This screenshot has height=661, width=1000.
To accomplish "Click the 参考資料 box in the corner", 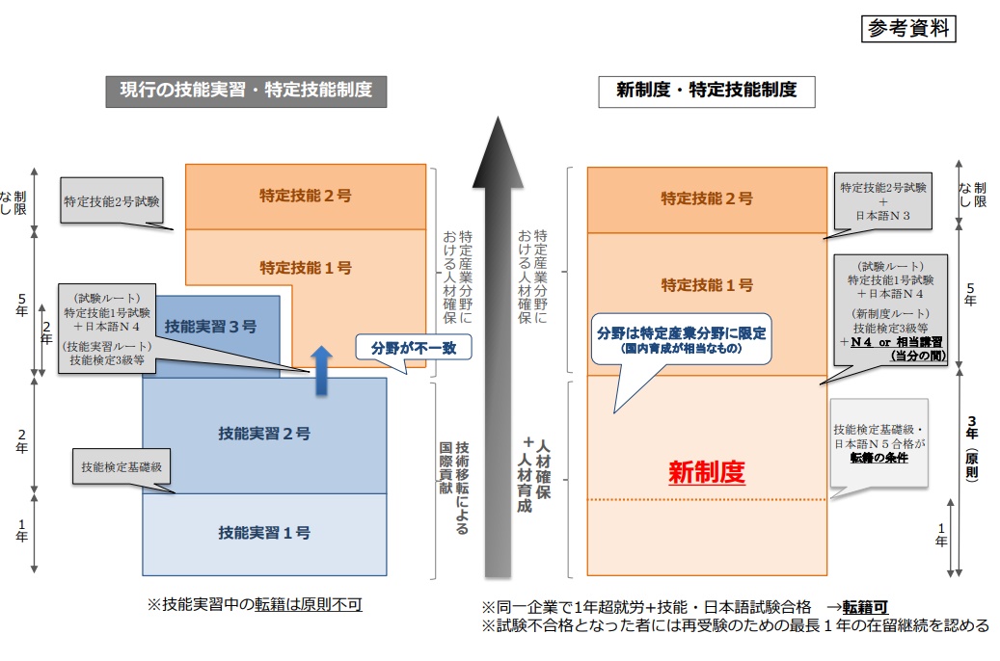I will point(906,29).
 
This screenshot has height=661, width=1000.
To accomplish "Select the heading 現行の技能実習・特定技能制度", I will point(246,91).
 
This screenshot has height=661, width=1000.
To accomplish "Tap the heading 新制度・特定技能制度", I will point(706,91).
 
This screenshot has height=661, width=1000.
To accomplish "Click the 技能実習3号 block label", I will point(210,327).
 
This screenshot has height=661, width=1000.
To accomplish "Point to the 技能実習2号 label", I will point(264,434).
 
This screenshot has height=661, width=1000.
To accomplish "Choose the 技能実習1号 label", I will point(264,532).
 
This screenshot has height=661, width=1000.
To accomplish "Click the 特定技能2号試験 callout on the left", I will point(112,201).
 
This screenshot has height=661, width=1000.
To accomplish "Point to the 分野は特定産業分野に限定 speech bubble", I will point(681,339).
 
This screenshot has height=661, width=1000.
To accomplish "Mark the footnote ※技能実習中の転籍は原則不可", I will point(255,604).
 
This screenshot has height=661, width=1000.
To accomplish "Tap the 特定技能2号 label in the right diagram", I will point(706,198).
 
